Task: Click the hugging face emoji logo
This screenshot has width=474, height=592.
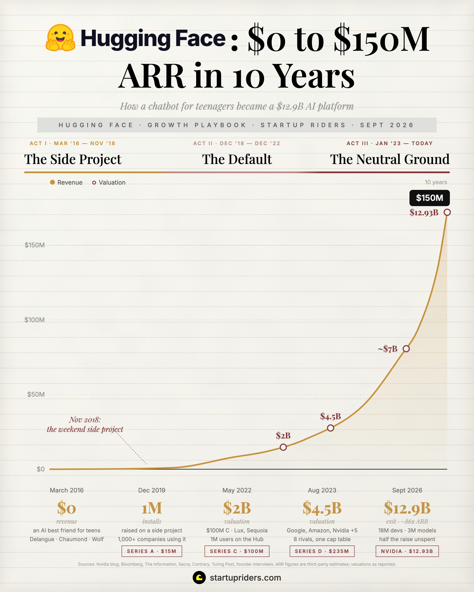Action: (x=60, y=38)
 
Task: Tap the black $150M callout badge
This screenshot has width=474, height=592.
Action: (x=429, y=198)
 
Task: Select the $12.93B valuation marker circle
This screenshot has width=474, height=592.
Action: (x=447, y=212)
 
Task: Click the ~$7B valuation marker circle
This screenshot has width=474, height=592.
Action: (x=406, y=349)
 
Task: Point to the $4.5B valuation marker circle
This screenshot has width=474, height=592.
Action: (x=330, y=428)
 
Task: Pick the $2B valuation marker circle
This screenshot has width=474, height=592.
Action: (x=283, y=447)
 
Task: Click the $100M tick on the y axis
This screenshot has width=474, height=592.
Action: (x=35, y=320)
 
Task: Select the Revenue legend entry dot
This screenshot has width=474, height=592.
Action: (x=52, y=182)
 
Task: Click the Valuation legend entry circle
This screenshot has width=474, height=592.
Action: (x=94, y=183)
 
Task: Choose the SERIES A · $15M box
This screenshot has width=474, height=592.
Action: (x=152, y=551)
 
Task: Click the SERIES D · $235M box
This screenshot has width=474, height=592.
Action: (x=322, y=551)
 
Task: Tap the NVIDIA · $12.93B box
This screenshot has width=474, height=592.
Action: (x=407, y=551)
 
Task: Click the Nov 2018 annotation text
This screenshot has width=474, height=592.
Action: (x=85, y=424)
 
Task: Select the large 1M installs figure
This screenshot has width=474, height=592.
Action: (x=152, y=508)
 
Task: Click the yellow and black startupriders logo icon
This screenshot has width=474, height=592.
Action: (x=199, y=578)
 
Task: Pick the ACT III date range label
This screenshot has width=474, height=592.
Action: (x=390, y=143)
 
